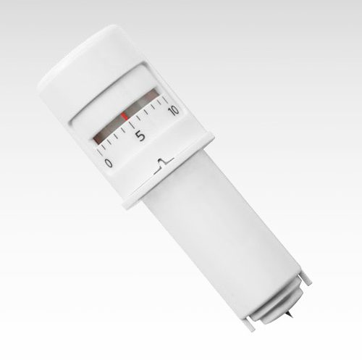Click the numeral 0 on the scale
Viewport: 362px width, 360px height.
click(x=109, y=163)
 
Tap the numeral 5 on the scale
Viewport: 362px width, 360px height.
click(x=140, y=136)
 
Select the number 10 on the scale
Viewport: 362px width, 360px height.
click(x=174, y=110)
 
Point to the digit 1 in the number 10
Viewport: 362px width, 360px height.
click(x=170, y=112)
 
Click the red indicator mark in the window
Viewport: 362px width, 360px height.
click(x=125, y=117)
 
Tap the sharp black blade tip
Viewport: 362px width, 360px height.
click(x=290, y=314)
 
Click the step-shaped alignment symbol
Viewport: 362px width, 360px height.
click(x=164, y=164)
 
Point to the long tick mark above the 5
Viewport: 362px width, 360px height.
click(x=132, y=125)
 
